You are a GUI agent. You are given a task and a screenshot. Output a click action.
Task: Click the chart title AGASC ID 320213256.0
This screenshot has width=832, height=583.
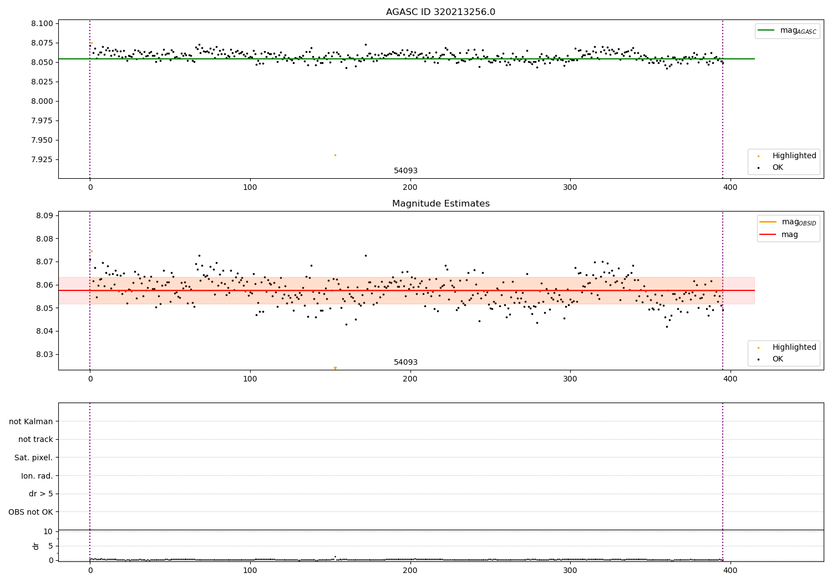tap(440, 12)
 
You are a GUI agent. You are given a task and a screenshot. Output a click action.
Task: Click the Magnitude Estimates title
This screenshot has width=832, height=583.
tap(441, 203)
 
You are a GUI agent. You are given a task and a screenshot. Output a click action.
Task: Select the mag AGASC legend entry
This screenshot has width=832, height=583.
tap(787, 31)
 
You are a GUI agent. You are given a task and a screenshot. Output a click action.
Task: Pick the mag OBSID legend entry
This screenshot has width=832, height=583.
tap(788, 222)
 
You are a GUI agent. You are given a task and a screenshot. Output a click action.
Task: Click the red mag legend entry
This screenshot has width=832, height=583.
tap(779, 235)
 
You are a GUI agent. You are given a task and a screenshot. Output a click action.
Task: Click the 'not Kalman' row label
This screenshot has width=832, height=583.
tap(31, 421)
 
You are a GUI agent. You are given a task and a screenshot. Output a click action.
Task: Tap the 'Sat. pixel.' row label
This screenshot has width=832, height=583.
tap(33, 458)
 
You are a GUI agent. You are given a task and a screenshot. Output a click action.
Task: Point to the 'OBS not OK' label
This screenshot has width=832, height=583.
tap(31, 512)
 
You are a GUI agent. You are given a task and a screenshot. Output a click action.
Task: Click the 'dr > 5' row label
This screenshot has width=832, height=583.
tap(41, 494)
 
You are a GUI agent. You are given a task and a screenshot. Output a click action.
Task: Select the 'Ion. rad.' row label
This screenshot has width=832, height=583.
tap(37, 476)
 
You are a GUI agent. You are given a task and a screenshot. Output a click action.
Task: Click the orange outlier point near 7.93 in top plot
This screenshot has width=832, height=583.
tap(335, 155)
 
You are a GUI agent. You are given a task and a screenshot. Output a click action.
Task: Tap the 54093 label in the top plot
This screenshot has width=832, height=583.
tap(405, 170)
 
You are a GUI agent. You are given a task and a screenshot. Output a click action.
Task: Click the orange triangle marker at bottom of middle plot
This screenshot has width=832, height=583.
tap(336, 368)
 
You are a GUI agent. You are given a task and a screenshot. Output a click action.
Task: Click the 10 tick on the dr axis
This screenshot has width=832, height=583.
tap(48, 532)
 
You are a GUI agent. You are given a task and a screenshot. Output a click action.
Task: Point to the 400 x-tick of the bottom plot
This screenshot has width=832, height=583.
tap(730, 570)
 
